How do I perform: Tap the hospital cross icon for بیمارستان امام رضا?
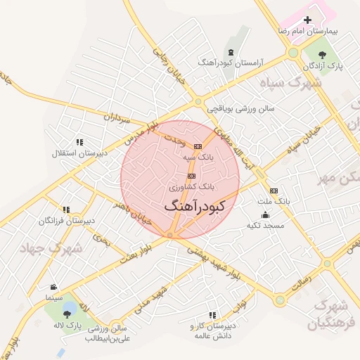click(307, 20)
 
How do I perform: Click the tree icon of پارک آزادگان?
click(323, 53)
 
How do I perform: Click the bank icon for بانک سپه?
click(198, 146)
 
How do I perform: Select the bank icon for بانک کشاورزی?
click(191, 176)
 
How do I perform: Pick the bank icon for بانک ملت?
click(274, 190)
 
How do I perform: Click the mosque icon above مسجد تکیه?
click(264, 214)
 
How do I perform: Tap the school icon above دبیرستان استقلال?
click(79, 141)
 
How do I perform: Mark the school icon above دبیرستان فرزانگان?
click(66, 210)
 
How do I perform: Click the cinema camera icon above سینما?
click(54, 287)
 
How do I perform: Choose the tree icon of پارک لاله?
click(69, 313)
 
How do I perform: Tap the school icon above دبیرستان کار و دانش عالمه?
click(212, 315)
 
